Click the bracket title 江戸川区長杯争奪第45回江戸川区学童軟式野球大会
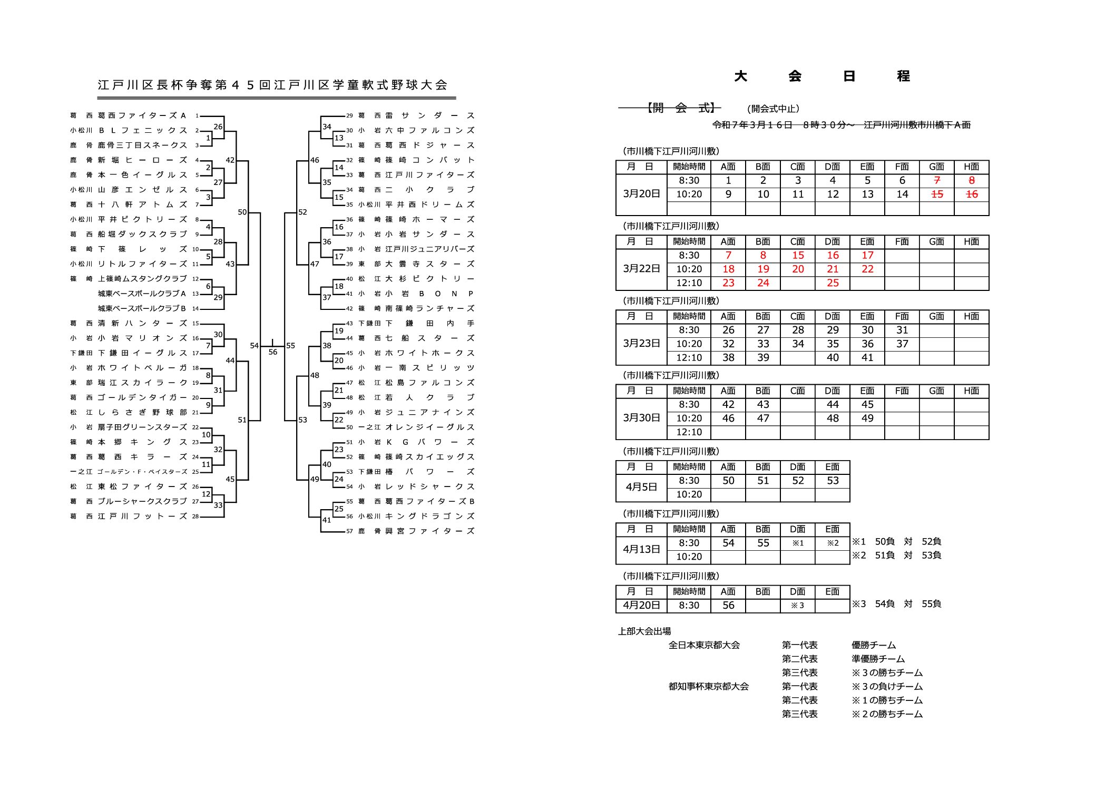point(272,85)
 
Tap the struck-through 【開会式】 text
point(681,108)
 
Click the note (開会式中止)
point(773,109)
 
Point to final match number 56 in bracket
point(272,352)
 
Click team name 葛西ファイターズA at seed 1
point(142,115)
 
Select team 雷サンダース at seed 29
point(430,115)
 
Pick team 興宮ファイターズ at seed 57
point(430,531)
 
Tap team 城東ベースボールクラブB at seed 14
point(142,308)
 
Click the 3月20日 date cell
point(641,194)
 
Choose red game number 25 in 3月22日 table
point(833,283)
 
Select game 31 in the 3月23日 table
point(902,330)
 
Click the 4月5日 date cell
point(641,488)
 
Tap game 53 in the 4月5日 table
point(833,481)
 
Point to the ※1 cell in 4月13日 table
point(798,543)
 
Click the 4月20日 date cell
point(641,606)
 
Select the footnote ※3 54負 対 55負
point(896,604)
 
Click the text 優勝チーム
point(874,645)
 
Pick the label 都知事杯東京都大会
point(709,687)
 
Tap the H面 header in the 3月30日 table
point(971,391)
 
